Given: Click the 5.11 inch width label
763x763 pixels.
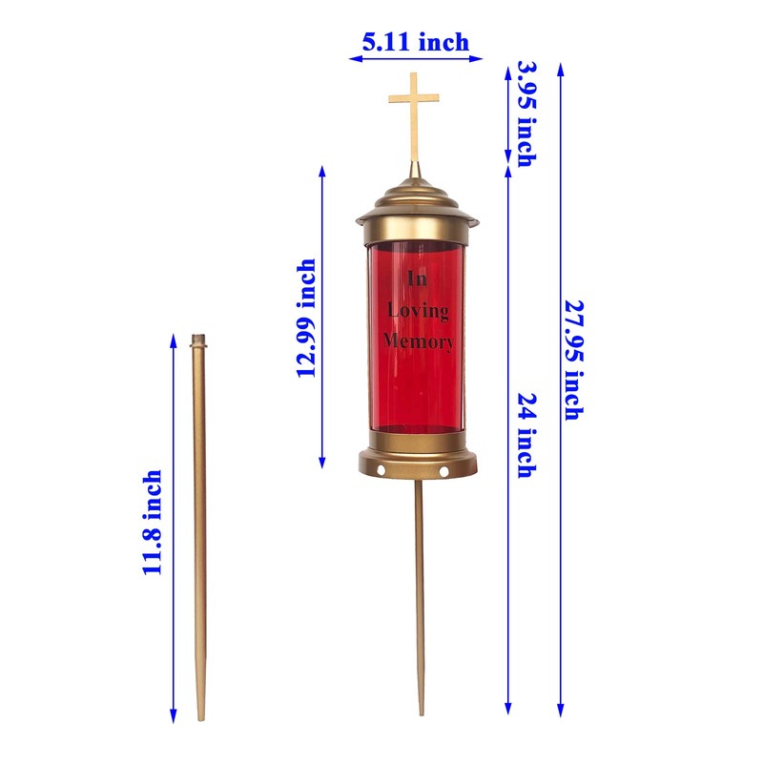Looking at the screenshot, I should tap(415, 42).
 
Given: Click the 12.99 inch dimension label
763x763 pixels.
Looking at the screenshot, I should tap(306, 319).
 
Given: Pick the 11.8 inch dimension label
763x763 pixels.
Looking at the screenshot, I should tap(153, 523).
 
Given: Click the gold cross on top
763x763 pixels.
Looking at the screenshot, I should tap(414, 110).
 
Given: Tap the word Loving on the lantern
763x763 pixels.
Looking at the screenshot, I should tap(418, 310).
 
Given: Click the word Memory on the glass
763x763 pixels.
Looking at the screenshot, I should tap(419, 340).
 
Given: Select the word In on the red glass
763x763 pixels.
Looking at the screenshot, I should tap(418, 278).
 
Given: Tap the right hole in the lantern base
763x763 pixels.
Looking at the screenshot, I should tap(443, 471).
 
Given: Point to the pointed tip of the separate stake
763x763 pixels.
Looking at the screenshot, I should tap(201, 717).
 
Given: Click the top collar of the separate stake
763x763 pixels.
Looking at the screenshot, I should tap(198, 340).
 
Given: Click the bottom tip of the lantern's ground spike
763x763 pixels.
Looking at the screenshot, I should tap(421, 711).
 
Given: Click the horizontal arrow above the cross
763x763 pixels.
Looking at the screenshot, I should tap(416, 59).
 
